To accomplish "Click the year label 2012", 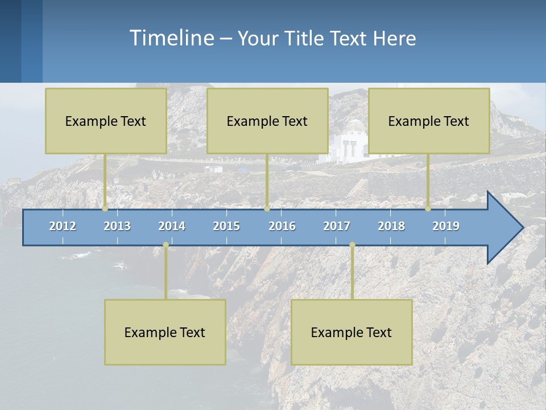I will [63, 226].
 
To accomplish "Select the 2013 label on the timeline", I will [117, 226].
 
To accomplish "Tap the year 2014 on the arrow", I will [172, 226].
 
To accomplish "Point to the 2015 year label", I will [226, 226].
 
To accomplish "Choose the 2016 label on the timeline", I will [282, 226].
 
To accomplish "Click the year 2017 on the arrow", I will [337, 226].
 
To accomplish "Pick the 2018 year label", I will [391, 226].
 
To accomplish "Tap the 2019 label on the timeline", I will [446, 226].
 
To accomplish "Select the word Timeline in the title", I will [171, 38].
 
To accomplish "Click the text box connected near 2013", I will [106, 121].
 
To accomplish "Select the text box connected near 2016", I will [267, 121].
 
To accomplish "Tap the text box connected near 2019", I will [429, 121].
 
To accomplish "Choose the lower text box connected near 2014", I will [165, 332].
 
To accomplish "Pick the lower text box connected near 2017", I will [351, 332].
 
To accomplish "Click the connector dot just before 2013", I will [105, 209].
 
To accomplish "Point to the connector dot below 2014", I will [166, 245].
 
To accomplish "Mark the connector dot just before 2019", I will [428, 209].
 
